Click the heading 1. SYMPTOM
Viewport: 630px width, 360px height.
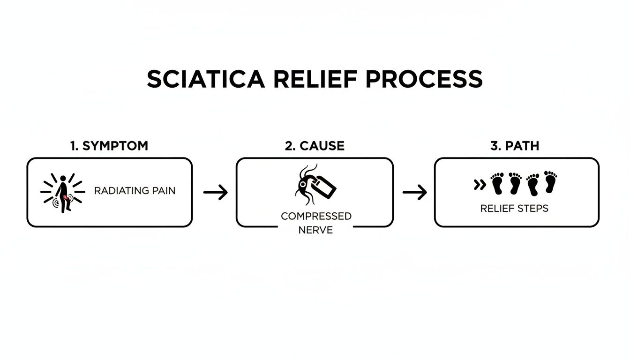[x=109, y=146]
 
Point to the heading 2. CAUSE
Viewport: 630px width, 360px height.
[x=315, y=146]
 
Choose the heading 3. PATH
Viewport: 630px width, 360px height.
[x=515, y=146]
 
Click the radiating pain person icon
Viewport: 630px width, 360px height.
[x=63, y=193]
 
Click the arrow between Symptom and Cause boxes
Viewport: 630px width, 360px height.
[x=215, y=192]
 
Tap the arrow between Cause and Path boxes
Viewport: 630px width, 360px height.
[x=414, y=192]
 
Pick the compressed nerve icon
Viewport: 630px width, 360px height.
[x=315, y=185]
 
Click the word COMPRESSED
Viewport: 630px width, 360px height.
[x=316, y=216]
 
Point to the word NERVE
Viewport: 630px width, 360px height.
[x=315, y=230]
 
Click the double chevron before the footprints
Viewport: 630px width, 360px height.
[x=480, y=185]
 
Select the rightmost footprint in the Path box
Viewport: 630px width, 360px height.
[x=550, y=182]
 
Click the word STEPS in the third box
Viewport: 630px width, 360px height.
[x=532, y=209]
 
